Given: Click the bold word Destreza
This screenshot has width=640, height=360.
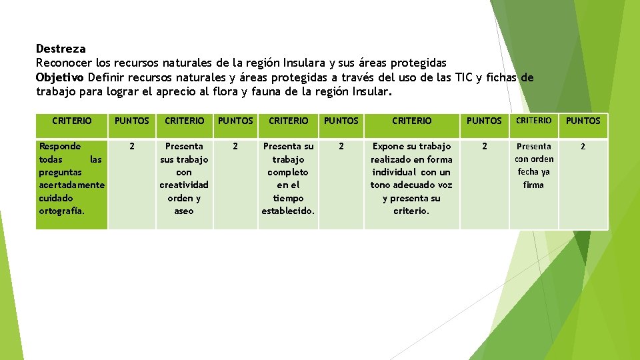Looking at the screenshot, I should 61,49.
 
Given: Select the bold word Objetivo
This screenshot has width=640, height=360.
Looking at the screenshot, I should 60,77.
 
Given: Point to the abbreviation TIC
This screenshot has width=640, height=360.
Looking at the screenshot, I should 462,77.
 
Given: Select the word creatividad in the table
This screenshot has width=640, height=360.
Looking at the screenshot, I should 184,185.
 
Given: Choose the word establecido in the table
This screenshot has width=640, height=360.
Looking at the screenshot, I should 288,211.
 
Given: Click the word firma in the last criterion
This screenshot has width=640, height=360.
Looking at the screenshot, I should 533,185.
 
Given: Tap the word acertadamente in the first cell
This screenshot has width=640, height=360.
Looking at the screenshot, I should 72,185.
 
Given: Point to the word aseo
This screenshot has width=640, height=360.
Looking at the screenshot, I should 184,211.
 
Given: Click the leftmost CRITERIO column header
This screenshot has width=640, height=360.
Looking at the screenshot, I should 72,121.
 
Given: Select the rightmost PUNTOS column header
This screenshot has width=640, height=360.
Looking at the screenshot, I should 583,121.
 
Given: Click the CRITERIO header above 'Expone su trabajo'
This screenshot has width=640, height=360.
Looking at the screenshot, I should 411,121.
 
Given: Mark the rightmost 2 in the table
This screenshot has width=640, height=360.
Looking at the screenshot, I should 583,146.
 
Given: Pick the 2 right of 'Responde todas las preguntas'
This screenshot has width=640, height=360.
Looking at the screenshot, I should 131,146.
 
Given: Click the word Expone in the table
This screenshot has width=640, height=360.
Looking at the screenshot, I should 387,146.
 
